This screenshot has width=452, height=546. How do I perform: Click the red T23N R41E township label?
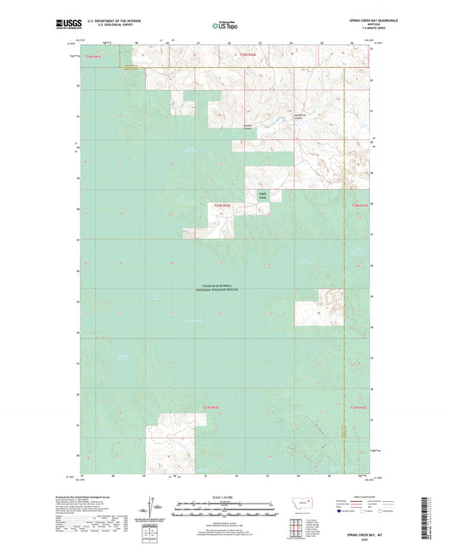click(222, 205)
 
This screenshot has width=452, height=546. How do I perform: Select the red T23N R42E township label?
click(360, 205)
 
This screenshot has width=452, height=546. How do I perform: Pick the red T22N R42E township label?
click(360, 409)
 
